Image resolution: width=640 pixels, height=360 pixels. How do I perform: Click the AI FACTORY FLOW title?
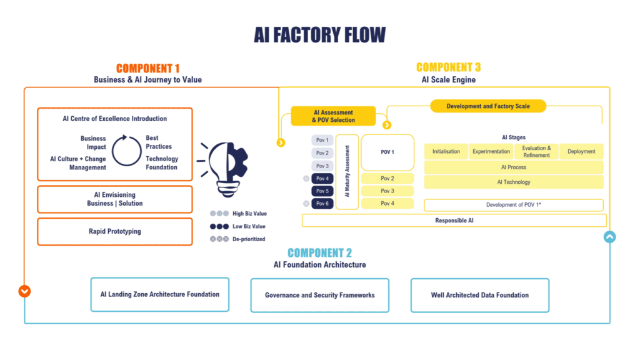[x=319, y=34]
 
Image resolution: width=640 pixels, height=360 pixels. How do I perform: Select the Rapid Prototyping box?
[x=115, y=231]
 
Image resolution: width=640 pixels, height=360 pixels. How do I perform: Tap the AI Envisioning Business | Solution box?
[x=115, y=199]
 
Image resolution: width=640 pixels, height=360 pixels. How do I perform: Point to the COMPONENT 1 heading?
[x=148, y=68]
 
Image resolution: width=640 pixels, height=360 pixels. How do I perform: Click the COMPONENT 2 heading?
[x=319, y=253]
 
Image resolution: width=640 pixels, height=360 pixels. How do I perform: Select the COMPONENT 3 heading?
[x=448, y=67]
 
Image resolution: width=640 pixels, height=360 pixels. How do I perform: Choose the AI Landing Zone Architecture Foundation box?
[x=160, y=294]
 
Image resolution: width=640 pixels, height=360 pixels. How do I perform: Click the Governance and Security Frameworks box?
[x=319, y=295]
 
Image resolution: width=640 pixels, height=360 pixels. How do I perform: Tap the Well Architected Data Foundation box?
[x=479, y=295]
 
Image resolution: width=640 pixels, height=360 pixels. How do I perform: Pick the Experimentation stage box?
[x=491, y=152]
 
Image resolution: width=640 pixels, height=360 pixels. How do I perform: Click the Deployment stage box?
[x=581, y=152]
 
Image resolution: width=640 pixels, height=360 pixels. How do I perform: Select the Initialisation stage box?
[x=446, y=152]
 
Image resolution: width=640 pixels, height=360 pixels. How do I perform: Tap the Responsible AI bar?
[x=454, y=221]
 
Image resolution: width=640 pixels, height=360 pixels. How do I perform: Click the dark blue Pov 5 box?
[x=322, y=191]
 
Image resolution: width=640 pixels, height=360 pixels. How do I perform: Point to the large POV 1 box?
[x=387, y=152]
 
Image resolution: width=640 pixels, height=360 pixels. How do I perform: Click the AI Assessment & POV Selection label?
[x=333, y=116]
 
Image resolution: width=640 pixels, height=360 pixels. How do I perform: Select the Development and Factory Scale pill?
[x=487, y=106]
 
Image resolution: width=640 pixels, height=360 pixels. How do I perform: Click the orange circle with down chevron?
[x=24, y=291]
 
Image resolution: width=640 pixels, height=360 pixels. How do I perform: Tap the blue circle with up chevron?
[x=609, y=237]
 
